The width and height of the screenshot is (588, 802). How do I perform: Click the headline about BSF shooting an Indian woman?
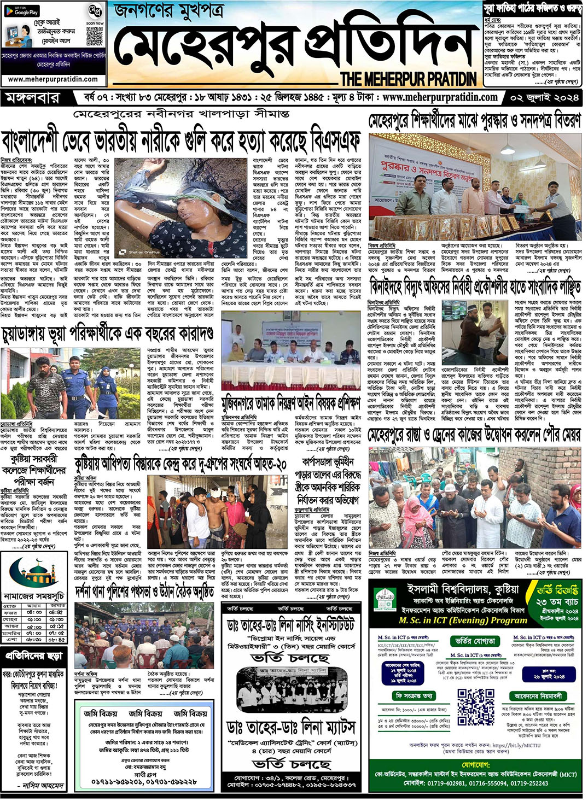[181, 141]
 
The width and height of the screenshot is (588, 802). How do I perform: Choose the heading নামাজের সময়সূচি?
[34, 596]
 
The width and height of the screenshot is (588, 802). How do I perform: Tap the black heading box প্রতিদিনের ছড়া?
[34, 655]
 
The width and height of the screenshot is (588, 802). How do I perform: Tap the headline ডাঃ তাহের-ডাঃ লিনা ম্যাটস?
[291, 728]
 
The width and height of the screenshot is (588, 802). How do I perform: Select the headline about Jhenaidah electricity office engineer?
[475, 286]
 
